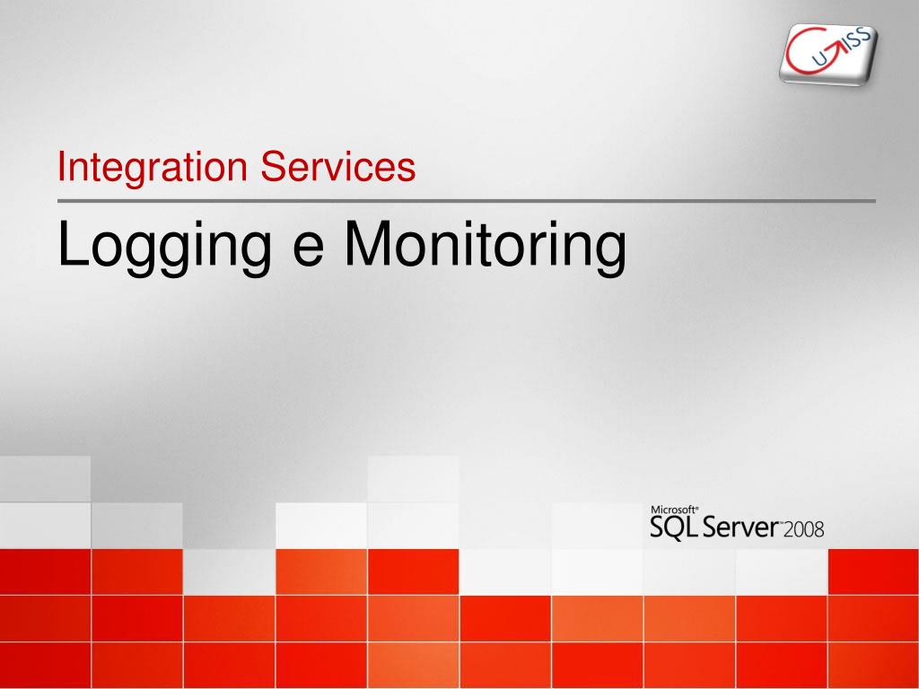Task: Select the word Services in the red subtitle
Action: [338, 166]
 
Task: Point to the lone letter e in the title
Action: [309, 250]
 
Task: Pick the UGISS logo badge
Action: [828, 55]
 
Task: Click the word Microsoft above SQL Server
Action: [674, 510]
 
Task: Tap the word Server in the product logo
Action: [740, 528]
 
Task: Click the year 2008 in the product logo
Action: [803, 529]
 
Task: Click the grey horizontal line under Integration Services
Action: [467, 201]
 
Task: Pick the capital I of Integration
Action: [61, 166]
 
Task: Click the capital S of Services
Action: [274, 166]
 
